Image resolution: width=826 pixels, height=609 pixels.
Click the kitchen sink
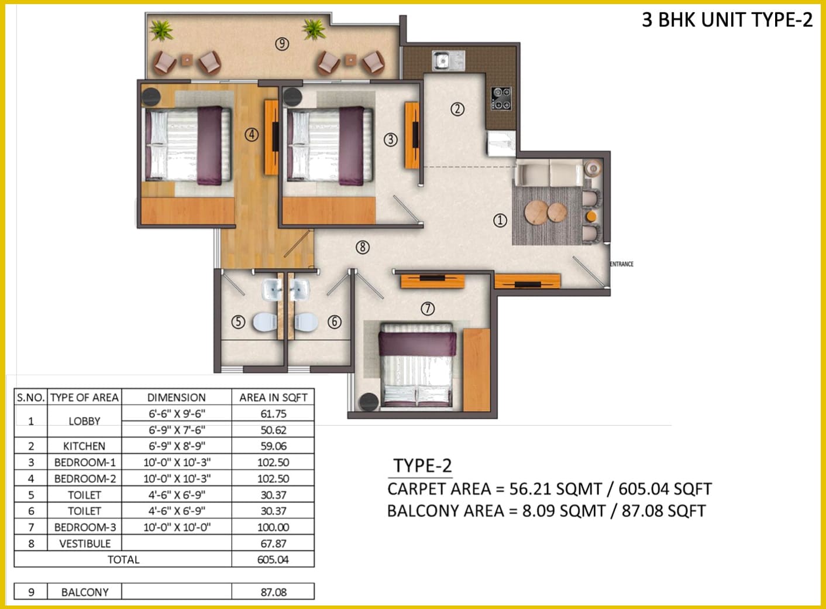tap(448, 61)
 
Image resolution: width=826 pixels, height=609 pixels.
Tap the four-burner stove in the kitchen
tap(501, 98)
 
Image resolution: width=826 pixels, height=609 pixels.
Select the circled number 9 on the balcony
tap(282, 45)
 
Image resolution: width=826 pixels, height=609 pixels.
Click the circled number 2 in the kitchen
tap(457, 109)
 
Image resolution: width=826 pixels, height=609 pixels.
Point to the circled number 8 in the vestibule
tap(363, 247)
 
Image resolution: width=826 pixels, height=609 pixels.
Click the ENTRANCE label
tap(622, 264)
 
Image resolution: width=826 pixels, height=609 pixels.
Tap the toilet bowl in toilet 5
tap(264, 322)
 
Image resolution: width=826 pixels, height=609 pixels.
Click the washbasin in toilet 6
tap(300, 289)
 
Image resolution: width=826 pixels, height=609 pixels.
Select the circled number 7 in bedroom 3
tap(428, 308)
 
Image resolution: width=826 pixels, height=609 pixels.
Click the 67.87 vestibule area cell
tap(273, 543)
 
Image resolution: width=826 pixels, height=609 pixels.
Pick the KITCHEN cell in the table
tap(84, 446)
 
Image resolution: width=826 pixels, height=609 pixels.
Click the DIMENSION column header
tap(176, 397)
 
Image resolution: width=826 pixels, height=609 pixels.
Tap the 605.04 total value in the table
tap(273, 560)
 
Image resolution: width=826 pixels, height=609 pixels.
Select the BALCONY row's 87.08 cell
tap(273, 592)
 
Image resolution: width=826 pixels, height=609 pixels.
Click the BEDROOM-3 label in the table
tap(85, 527)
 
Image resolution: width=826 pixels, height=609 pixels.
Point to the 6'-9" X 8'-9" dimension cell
tap(177, 446)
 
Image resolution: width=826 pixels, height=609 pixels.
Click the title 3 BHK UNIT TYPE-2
tap(727, 19)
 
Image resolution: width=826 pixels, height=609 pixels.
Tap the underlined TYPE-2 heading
tap(422, 466)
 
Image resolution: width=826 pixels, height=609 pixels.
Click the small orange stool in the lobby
tap(591, 215)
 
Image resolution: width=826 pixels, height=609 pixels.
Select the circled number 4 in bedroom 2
tap(252, 135)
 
